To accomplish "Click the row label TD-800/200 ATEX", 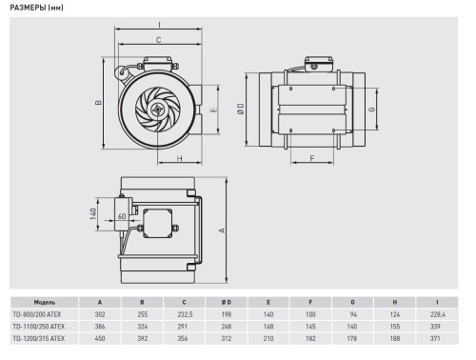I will (37, 313).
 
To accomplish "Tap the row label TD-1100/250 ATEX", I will (38, 325).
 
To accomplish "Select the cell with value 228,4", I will (436, 313).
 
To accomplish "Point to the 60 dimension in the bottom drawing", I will (123, 216).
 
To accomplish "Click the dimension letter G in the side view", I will (369, 110).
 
